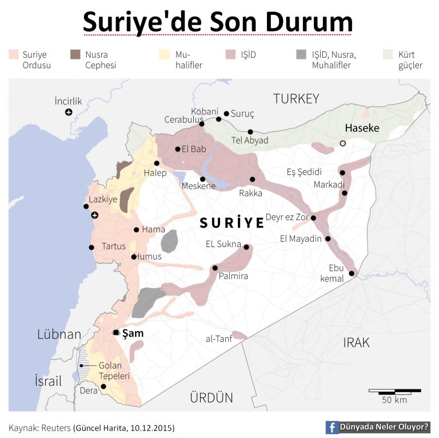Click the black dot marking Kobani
218,119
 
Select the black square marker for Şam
116,332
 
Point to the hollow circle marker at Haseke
342,144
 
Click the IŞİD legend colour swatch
230,55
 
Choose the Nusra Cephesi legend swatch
75,55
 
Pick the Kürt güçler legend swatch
388,55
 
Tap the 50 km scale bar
394,391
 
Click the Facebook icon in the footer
332,427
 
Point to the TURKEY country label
296,98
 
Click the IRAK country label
356,343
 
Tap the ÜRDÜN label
212,397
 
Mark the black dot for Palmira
215,268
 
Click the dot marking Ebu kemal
352,274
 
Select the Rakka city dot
253,179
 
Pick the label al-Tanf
218,339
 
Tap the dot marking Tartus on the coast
91,248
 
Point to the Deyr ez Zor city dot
313,218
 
